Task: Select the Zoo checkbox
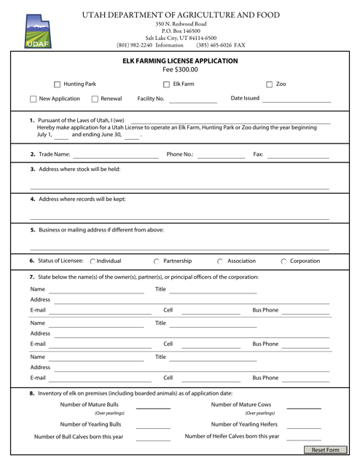click(x=270, y=84)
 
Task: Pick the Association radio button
click(x=220, y=261)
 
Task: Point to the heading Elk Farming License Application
click(x=179, y=61)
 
